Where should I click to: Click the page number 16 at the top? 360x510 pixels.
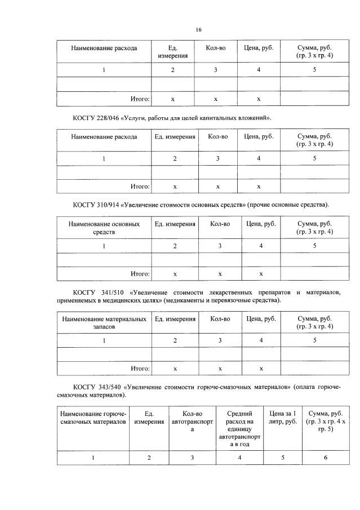click(x=198, y=29)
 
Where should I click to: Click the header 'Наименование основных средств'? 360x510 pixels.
click(x=104, y=228)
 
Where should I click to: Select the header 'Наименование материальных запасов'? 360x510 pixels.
click(x=104, y=323)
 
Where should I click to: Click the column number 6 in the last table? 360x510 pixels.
click(x=326, y=458)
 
